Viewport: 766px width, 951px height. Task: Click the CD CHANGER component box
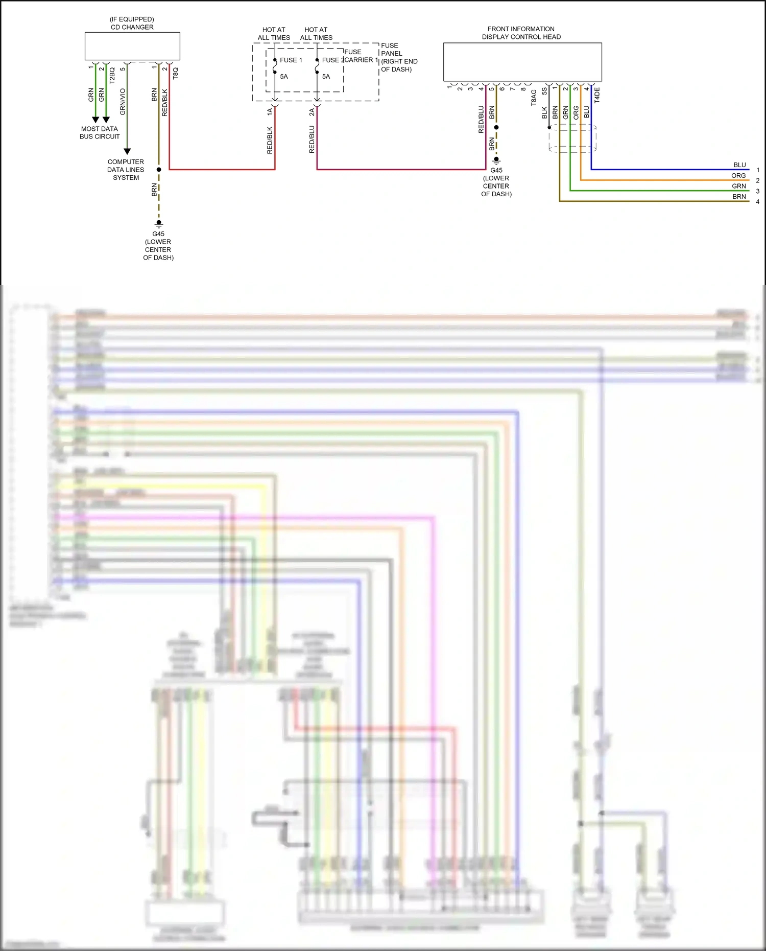click(x=132, y=47)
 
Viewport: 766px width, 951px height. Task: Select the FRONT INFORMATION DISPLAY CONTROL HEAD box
click(x=522, y=62)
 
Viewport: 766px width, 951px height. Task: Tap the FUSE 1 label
click(x=291, y=60)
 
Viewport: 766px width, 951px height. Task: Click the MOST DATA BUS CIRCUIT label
click(x=100, y=133)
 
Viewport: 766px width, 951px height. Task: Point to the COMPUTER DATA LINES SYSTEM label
click(x=126, y=170)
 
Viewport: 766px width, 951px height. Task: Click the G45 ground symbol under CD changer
click(x=159, y=223)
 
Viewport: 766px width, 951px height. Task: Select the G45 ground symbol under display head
click(x=496, y=160)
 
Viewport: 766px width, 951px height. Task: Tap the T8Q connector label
click(x=176, y=74)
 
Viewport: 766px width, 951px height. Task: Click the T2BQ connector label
click(x=112, y=76)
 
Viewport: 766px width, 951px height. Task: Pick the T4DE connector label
click(x=597, y=95)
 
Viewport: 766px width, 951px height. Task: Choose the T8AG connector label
click(x=534, y=97)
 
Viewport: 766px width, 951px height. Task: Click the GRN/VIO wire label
click(x=123, y=102)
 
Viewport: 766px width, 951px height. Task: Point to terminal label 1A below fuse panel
click(x=270, y=111)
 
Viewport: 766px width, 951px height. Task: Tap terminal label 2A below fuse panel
click(x=312, y=112)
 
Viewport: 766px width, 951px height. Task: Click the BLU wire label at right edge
click(x=739, y=165)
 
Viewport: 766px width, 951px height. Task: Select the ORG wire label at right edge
click(x=738, y=176)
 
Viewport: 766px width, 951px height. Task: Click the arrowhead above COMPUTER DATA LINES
click(x=127, y=151)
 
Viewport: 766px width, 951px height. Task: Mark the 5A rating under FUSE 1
click(x=284, y=77)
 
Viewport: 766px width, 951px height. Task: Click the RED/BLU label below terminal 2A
click(x=312, y=140)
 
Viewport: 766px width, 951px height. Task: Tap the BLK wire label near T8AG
click(x=544, y=112)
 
